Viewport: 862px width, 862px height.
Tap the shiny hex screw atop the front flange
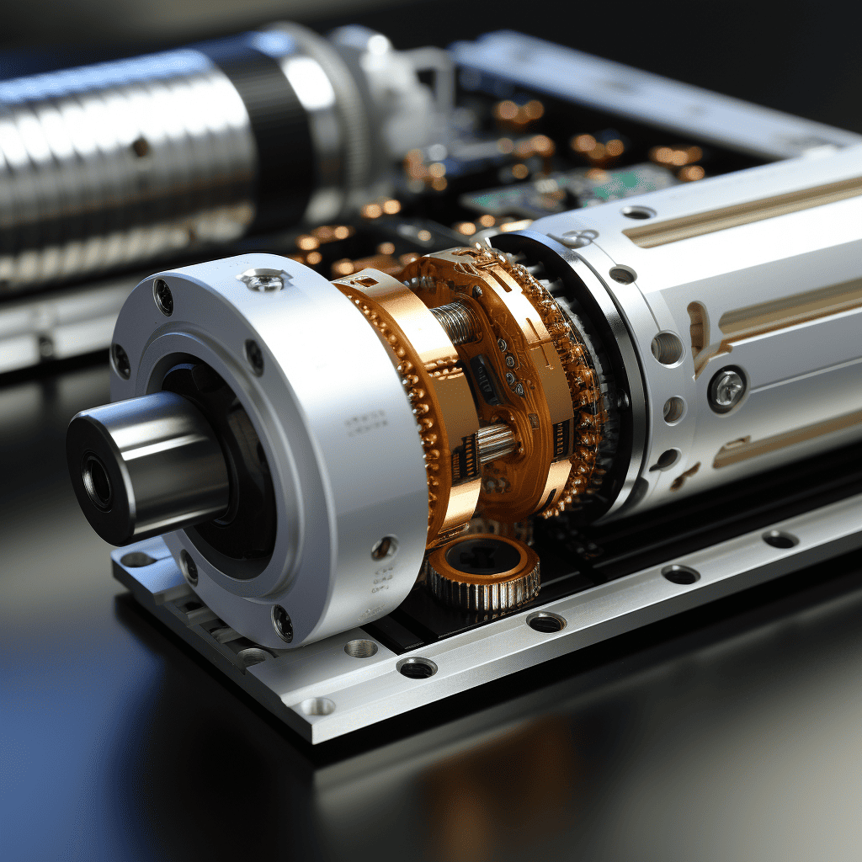[263, 280]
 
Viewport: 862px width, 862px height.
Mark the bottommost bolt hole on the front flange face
[283, 622]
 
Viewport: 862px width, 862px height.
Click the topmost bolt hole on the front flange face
[163, 295]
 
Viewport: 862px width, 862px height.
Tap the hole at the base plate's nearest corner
[317, 705]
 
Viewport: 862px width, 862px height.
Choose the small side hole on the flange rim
[384, 548]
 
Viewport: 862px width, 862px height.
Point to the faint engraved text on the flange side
[367, 418]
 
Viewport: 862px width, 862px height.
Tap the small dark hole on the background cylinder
[141, 147]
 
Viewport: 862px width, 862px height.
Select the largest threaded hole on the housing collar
[667, 347]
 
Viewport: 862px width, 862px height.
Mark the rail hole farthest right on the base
[780, 539]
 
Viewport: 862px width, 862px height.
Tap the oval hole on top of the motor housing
[638, 212]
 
